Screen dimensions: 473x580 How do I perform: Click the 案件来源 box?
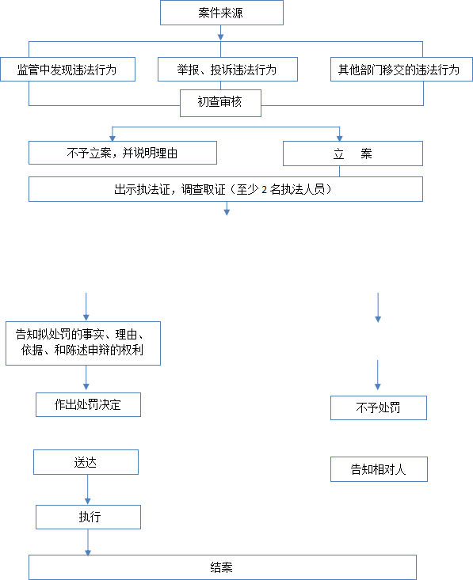click(222, 13)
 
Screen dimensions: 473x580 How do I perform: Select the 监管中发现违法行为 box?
click(68, 69)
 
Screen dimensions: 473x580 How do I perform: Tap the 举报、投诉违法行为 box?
click(227, 69)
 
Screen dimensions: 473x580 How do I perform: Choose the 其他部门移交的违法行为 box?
click(402, 69)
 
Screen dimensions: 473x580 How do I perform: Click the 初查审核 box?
click(220, 103)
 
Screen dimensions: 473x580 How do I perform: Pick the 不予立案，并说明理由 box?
click(123, 153)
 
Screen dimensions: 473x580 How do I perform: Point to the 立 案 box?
click(353, 154)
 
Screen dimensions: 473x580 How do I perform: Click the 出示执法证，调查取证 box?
click(226, 189)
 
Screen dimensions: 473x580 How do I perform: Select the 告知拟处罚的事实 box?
click(83, 343)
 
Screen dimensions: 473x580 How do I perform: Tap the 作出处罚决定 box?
click(88, 404)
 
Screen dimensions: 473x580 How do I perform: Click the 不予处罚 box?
click(379, 408)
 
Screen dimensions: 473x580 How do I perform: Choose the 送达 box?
click(86, 462)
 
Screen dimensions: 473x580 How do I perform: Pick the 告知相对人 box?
click(379, 469)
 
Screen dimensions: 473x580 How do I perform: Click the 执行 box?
click(88, 517)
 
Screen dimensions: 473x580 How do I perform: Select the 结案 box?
click(223, 567)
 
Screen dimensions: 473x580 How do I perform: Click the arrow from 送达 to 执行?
click(87, 489)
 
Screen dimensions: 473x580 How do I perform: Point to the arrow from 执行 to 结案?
click(88, 542)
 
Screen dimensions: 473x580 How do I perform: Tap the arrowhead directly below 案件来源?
click(221, 37)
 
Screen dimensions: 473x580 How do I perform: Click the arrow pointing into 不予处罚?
click(378, 375)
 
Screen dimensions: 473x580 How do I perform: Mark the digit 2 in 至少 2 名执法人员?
click(264, 190)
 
